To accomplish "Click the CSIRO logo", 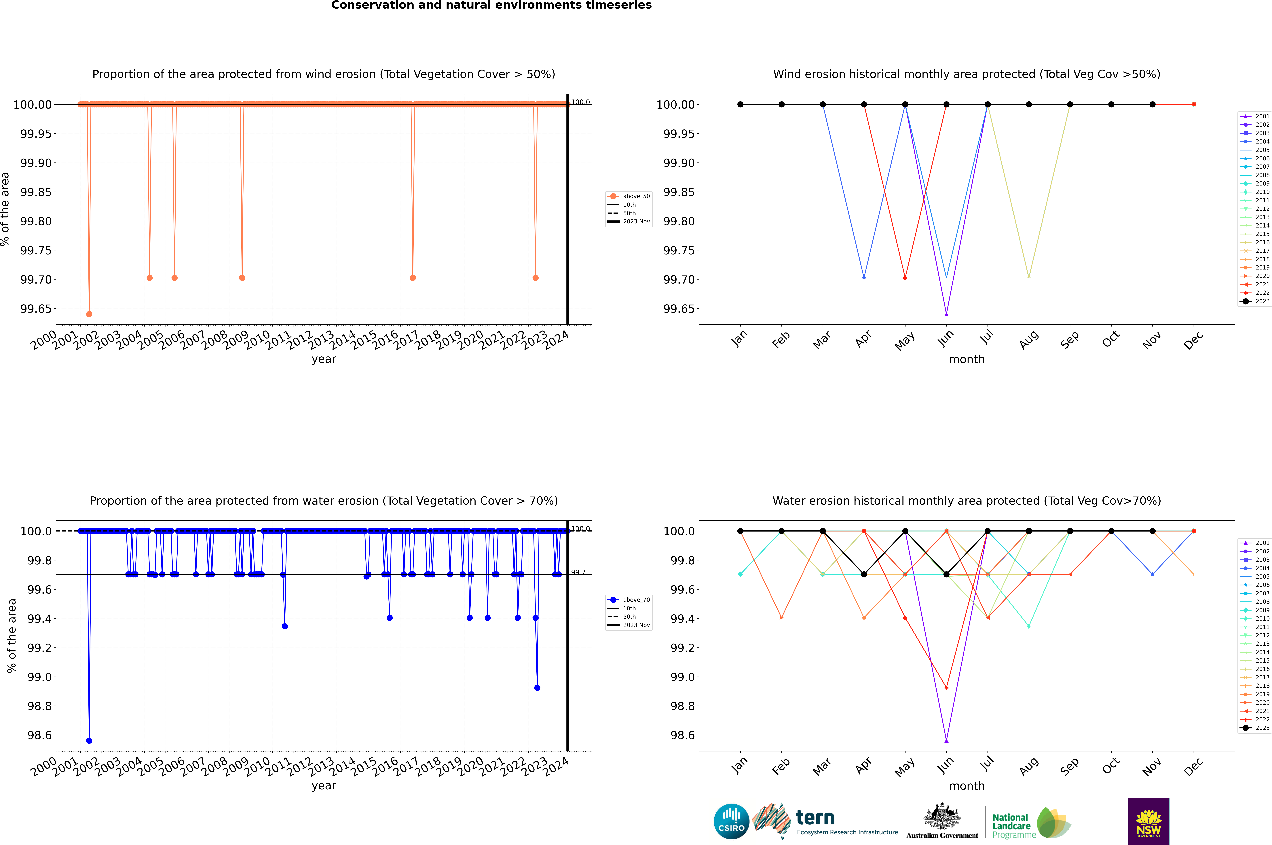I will click(731, 821).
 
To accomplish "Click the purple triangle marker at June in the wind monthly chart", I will click(946, 314).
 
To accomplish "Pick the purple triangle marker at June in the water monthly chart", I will click(946, 740).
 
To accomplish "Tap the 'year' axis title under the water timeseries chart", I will click(324, 786).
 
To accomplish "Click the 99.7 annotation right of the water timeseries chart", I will click(578, 572).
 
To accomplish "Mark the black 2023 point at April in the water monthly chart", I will click(864, 574).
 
